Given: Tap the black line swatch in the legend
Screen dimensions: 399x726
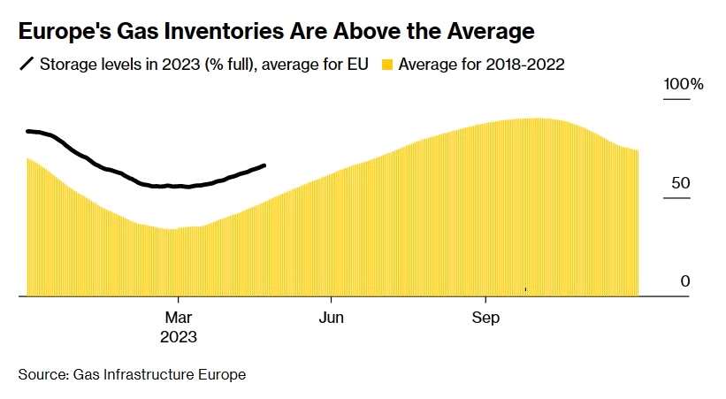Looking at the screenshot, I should pos(27,65).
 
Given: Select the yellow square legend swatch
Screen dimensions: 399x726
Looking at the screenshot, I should pos(386,65).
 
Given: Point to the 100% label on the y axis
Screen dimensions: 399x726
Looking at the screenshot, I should pos(684,85).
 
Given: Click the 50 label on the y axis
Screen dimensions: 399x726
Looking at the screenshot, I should pos(679,183).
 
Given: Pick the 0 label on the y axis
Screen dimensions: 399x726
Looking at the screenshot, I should pos(684,281).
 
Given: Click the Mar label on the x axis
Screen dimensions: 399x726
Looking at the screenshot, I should pos(179,318).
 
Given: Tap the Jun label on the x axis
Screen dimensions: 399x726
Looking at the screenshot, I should pos(332,318).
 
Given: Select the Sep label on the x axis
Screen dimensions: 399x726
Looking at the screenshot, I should pos(485,318).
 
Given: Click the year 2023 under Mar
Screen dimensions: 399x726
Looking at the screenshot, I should pos(179,337).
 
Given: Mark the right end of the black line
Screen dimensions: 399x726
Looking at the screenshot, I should pos(265,165).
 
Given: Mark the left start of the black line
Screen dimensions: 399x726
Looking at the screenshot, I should pos(28,131).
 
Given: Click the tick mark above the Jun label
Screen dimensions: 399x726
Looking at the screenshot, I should pos(332,301).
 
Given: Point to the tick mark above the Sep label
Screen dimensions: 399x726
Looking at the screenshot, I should pos(485,301).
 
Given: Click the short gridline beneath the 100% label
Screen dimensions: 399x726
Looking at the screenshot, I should pos(676,99).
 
